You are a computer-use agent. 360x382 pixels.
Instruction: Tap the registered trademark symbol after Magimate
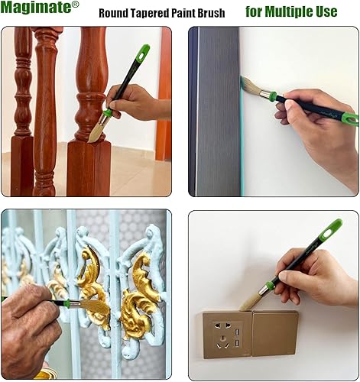(x=75, y=5)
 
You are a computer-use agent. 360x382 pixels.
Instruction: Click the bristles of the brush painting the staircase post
(x=96, y=133)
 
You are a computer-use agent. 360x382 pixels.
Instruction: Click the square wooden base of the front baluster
(x=89, y=164)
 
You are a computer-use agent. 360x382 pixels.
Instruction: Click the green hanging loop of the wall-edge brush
(x=349, y=118)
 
